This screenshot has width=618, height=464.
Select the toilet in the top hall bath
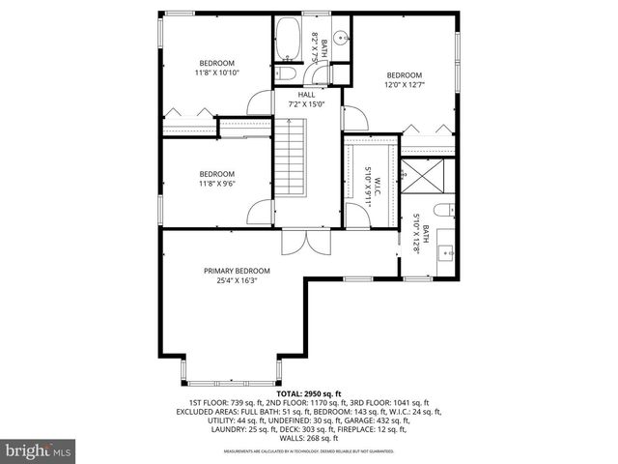pyautogui.click(x=288, y=74)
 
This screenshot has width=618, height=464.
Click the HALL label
pyautogui.click(x=307, y=95)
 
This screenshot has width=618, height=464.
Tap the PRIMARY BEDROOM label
pyautogui.click(x=237, y=271)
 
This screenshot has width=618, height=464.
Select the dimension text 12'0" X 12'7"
pyautogui.click(x=405, y=85)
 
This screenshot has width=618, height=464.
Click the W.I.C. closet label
pyautogui.click(x=378, y=180)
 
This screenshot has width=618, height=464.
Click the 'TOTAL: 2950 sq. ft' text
pyautogui.click(x=309, y=394)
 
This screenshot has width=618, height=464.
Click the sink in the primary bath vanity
pyautogui.click(x=447, y=253)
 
